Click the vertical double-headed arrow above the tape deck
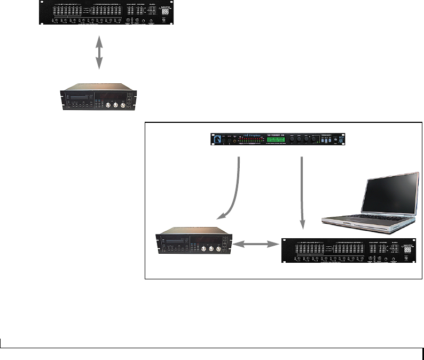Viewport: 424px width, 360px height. click(x=99, y=51)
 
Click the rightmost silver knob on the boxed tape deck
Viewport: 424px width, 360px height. click(x=219, y=249)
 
